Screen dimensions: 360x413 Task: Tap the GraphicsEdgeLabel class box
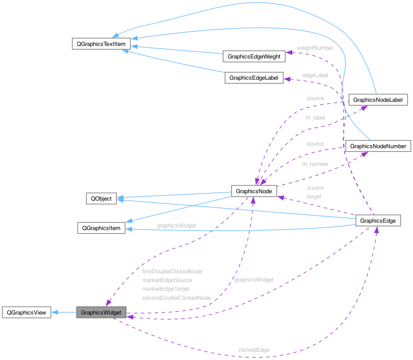(254, 78)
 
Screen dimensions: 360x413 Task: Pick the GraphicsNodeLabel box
(378, 100)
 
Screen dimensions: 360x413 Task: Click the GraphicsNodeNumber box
(378, 146)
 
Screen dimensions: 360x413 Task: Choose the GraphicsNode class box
(254, 191)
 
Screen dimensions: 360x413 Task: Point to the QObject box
(101, 199)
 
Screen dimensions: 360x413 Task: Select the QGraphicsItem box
(101, 228)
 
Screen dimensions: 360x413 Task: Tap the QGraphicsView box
(27, 312)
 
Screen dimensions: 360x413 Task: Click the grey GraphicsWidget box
(101, 312)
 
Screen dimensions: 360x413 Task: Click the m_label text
(315, 117)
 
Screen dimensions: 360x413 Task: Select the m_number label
(315, 164)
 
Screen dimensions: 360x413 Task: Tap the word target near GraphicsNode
(314, 196)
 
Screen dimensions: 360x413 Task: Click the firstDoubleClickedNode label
(172, 271)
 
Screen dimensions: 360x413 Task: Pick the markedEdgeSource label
(167, 280)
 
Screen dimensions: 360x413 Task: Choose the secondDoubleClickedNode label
(177, 298)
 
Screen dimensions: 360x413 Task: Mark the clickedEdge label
(254, 350)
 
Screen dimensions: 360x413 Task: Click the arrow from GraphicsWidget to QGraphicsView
(64, 312)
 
